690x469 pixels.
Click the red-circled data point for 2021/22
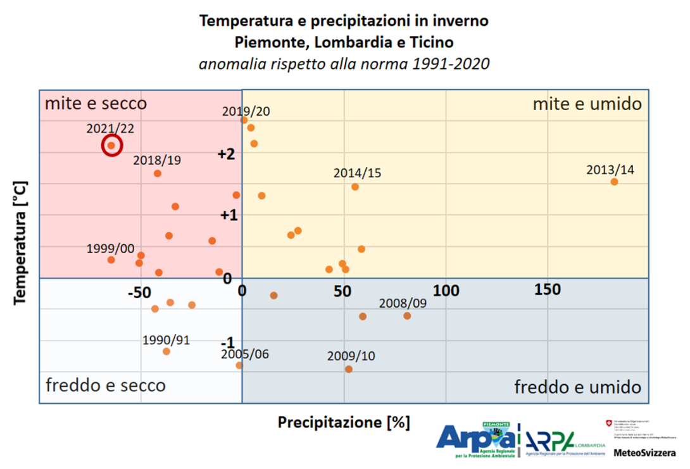click(111, 146)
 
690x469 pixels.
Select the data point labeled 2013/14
click(614, 182)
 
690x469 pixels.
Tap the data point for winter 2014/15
click(355, 187)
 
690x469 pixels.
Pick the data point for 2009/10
click(348, 369)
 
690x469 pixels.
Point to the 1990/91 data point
click(166, 351)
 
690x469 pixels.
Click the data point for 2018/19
click(158, 173)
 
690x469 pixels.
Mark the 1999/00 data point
click(111, 260)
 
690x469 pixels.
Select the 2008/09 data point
click(407, 316)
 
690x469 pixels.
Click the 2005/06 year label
click(245, 354)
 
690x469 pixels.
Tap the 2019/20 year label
click(246, 111)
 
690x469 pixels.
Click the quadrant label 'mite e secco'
click(96, 103)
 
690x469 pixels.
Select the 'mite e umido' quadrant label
click(587, 104)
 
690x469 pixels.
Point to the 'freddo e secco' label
click(106, 385)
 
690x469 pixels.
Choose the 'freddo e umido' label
click(577, 387)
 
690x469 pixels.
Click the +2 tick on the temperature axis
click(226, 154)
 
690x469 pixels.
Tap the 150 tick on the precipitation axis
click(547, 289)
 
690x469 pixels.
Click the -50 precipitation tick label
click(139, 292)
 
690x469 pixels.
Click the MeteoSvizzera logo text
click(644, 453)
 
